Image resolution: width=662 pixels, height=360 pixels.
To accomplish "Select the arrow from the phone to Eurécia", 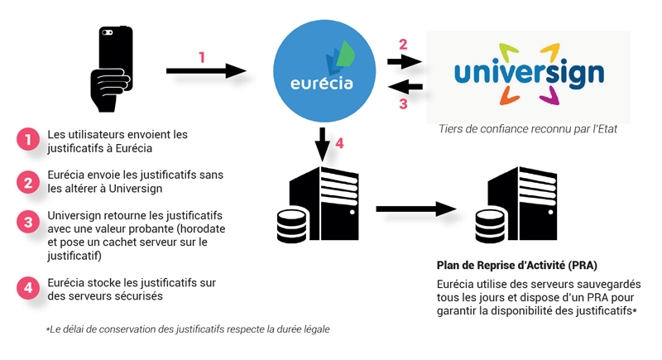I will point(207,72).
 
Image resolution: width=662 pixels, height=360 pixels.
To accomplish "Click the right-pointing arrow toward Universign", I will point(405,61).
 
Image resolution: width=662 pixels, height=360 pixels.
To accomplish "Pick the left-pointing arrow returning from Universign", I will point(405,86).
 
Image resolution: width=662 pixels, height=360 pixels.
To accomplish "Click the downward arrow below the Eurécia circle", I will point(323,144).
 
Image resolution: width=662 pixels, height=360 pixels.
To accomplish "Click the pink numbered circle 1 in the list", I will point(29,140).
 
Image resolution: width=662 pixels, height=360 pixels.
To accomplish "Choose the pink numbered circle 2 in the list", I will point(29,181).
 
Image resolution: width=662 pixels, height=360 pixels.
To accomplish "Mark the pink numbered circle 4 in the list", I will point(29,288).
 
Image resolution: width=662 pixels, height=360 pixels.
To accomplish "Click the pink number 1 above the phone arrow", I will point(202,57).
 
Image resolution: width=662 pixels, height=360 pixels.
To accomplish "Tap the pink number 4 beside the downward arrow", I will point(339,143).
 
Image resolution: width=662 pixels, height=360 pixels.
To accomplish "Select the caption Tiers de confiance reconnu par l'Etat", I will point(529,130).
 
